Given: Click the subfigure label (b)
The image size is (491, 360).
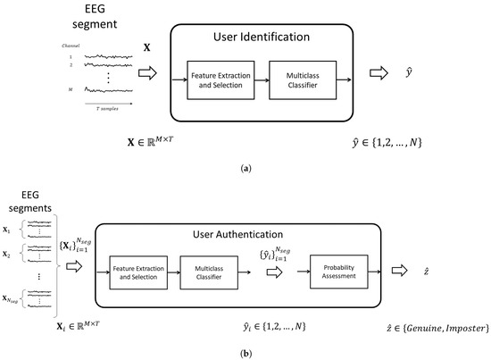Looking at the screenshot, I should (x=245, y=353).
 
